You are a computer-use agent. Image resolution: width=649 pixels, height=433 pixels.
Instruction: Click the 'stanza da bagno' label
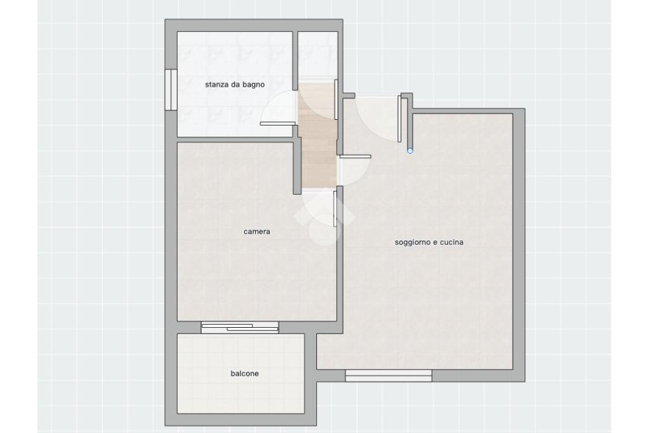pyautogui.click(x=235, y=85)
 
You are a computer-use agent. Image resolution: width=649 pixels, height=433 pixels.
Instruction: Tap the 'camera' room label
pyautogui.click(x=257, y=231)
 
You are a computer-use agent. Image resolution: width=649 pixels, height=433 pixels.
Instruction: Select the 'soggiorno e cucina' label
pyautogui.click(x=429, y=242)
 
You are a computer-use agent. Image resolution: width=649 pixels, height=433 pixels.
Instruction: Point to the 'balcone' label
pyautogui.click(x=245, y=373)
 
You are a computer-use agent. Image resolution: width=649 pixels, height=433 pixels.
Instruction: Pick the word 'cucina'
pyautogui.click(x=451, y=242)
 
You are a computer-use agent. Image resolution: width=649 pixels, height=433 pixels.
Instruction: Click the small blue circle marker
pyautogui.click(x=410, y=151)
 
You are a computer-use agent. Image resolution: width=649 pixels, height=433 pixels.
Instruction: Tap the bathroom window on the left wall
pyautogui.click(x=171, y=89)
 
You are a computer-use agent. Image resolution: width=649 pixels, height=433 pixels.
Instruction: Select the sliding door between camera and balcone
pyautogui.click(x=240, y=327)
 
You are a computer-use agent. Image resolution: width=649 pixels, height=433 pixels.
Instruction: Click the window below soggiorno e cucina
pyautogui.click(x=389, y=375)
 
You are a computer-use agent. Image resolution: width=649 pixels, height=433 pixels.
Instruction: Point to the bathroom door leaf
pyautogui.click(x=278, y=124)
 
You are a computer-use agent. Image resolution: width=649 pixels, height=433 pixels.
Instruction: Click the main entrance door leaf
pyautogui.click(x=399, y=119)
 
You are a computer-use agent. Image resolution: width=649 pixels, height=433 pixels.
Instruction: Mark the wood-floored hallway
pyautogui.click(x=317, y=135)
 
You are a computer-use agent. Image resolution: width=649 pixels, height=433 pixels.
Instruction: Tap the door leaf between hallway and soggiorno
pyautogui.click(x=355, y=157)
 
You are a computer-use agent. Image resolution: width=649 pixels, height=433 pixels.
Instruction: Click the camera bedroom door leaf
pyautogui.click(x=335, y=209)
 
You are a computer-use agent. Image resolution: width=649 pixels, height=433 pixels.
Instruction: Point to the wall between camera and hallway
pyautogui.click(x=297, y=168)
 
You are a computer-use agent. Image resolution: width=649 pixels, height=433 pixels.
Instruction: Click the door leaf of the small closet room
pyautogui.click(x=336, y=100)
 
